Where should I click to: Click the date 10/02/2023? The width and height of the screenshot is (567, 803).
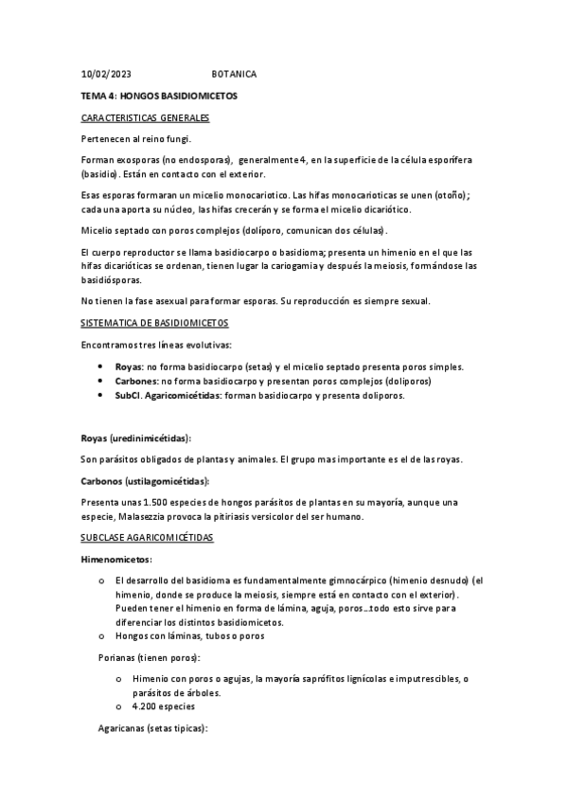pos(106,74)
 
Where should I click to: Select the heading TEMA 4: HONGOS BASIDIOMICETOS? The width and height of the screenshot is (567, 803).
pos(158,96)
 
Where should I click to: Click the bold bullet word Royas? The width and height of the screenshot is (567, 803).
pos(128,366)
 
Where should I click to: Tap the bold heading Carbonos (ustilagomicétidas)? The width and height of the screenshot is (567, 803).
pos(145,481)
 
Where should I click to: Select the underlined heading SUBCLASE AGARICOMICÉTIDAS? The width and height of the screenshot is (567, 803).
pos(148,538)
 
